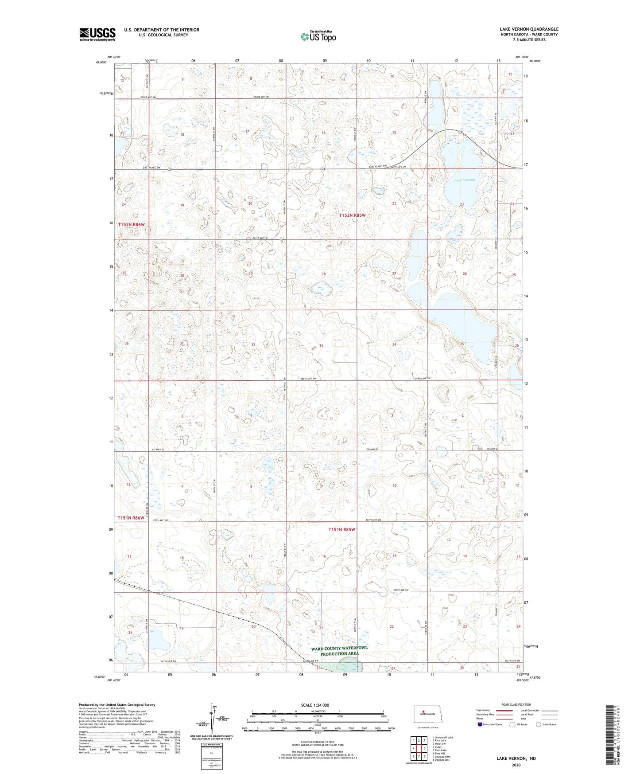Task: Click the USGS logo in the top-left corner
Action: click(97, 34)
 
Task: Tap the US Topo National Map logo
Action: click(318, 36)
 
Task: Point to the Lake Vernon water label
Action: click(464, 180)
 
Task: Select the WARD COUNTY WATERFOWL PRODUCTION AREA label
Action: click(339, 651)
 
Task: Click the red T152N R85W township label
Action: click(353, 215)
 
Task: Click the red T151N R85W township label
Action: click(342, 529)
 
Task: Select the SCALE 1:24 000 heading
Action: click(315, 705)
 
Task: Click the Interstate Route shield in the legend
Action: click(481, 724)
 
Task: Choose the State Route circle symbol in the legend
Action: click(539, 724)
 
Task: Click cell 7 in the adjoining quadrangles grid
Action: click(414, 756)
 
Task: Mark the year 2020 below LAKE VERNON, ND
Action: click(516, 765)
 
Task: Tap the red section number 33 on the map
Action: click(321, 346)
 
